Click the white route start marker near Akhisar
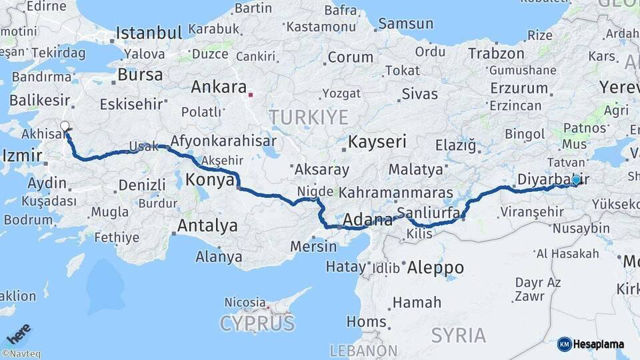click(65, 126)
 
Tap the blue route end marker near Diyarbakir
click(576, 179)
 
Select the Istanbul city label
click(149, 33)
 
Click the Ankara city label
click(219, 87)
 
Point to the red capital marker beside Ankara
click(251, 95)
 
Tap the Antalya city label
click(207, 226)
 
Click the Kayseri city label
click(377, 142)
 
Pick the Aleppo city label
click(435, 267)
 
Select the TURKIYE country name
click(309, 118)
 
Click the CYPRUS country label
click(257, 324)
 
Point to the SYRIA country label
click(458, 335)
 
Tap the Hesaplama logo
click(591, 344)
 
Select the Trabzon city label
click(496, 53)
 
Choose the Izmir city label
click(23, 156)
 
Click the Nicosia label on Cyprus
click(245, 302)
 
